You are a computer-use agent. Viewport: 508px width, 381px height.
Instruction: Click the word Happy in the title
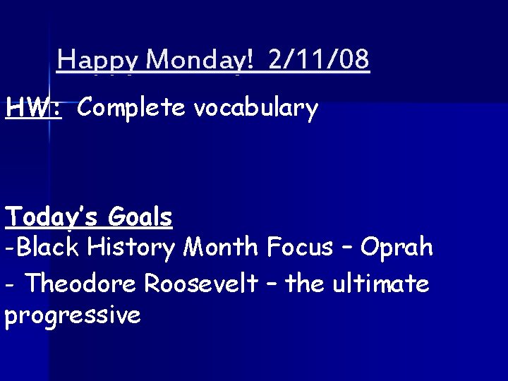99,61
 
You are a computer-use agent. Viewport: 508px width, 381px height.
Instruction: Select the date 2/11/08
319,61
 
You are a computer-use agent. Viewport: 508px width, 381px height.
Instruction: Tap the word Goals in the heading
140,217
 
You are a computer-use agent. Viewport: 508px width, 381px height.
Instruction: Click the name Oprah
397,248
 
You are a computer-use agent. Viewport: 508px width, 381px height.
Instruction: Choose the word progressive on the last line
73,315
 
